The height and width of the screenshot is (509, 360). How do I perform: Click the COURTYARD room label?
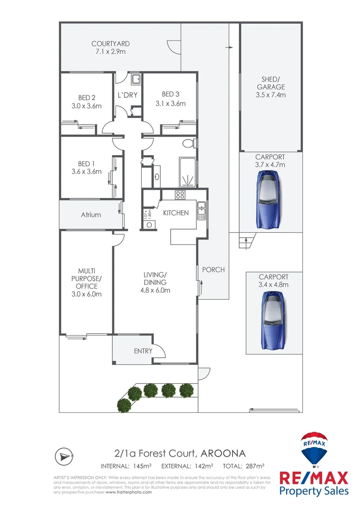point(110,44)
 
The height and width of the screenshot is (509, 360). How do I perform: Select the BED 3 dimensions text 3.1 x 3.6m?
point(171,104)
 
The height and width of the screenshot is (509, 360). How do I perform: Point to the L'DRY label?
point(127,95)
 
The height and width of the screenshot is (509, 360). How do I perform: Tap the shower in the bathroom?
point(188,172)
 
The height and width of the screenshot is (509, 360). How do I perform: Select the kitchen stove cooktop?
point(180,195)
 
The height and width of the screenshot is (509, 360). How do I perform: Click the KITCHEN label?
point(176,213)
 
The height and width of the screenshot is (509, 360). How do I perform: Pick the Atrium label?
point(91,214)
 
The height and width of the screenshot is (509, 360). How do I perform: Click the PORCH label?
point(213,270)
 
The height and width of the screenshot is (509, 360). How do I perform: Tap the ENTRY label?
point(143,351)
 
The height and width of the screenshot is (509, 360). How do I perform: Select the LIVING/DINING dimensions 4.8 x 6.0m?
point(155,290)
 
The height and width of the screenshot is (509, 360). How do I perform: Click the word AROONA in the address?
point(223,453)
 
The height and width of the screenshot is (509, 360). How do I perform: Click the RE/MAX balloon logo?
point(314,449)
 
